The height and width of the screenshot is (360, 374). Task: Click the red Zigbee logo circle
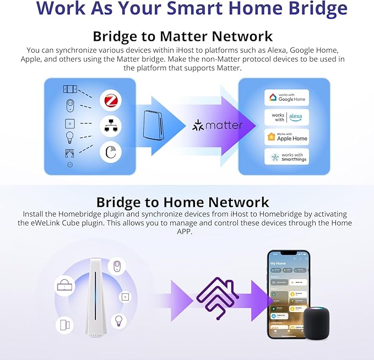point(110,100)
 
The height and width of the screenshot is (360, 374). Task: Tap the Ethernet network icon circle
point(110,126)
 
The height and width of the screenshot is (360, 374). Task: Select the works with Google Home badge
point(286,97)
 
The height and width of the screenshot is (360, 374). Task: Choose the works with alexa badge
point(286,117)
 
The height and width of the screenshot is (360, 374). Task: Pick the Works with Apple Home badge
point(286,137)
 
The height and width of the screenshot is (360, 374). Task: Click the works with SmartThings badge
point(286,156)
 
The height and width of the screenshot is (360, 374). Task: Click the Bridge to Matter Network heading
point(182,36)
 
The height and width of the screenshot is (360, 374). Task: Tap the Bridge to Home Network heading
point(182,202)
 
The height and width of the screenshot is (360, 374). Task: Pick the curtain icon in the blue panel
point(70,153)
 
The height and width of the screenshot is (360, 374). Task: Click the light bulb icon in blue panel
point(70,137)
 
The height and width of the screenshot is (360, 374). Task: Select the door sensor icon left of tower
point(64,325)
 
